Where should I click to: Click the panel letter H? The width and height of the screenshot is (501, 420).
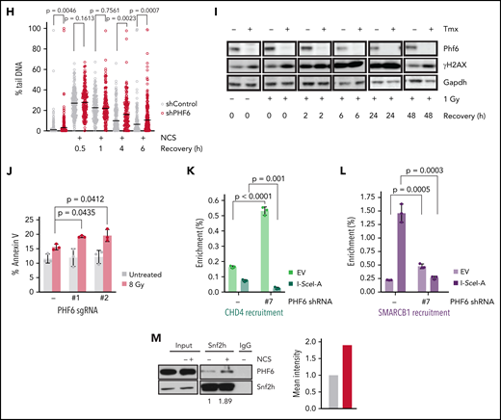6,8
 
